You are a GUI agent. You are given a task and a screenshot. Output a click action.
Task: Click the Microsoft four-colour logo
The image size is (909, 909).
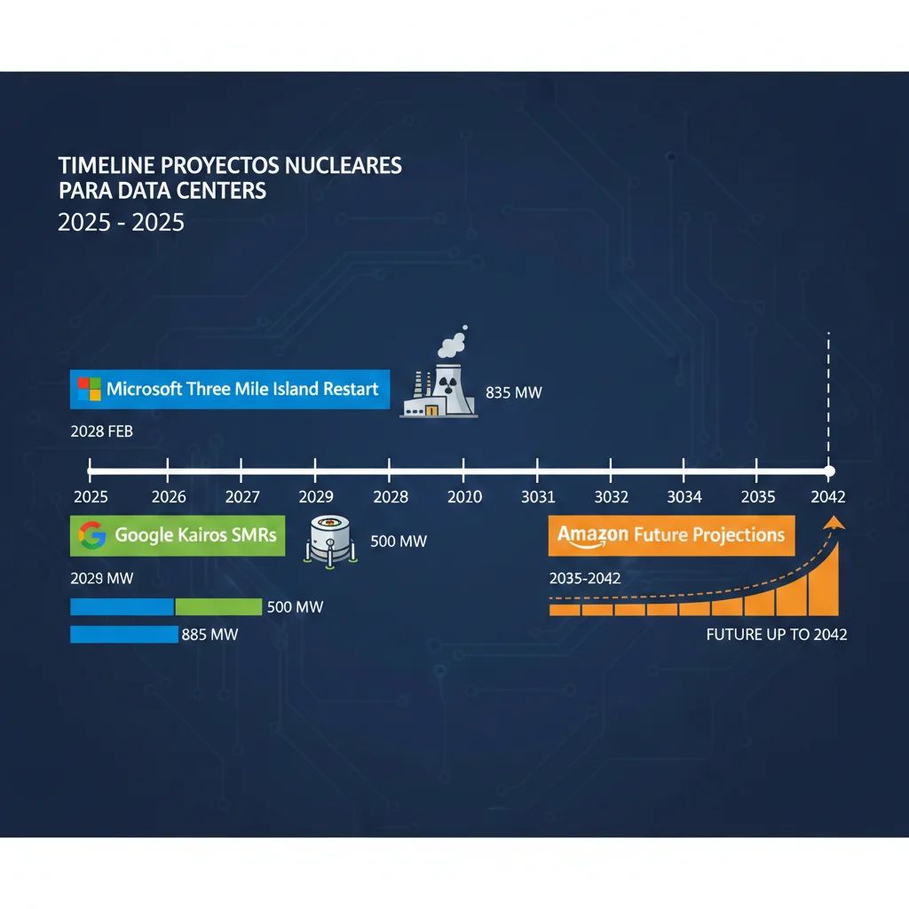pyautogui.click(x=90, y=389)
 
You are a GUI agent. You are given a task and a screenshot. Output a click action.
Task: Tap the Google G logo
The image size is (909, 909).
pyautogui.click(x=92, y=534)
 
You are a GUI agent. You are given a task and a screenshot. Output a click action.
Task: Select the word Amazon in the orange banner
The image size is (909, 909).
pyautogui.click(x=592, y=535)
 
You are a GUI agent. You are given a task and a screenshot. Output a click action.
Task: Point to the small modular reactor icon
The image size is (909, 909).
pyautogui.click(x=331, y=539)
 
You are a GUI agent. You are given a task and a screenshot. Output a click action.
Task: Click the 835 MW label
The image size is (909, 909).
pyautogui.click(x=514, y=392)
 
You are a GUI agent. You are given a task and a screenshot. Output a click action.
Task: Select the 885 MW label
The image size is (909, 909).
pyautogui.click(x=209, y=635)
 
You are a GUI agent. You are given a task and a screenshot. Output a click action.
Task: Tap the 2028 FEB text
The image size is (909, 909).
pyautogui.click(x=101, y=433)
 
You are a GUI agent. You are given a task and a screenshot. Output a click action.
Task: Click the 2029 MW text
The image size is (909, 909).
pyautogui.click(x=101, y=579)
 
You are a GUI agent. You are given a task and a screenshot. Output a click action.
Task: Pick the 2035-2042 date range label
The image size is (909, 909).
pyautogui.click(x=585, y=579)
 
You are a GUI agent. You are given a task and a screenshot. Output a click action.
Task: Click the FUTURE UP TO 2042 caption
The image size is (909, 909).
pyautogui.click(x=776, y=635)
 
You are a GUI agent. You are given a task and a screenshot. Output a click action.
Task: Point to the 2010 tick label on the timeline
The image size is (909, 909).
pyautogui.click(x=464, y=497)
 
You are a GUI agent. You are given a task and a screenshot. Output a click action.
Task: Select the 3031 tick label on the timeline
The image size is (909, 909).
pyautogui.click(x=538, y=497)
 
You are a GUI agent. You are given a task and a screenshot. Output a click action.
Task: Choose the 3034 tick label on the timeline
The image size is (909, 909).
pyautogui.click(x=684, y=497)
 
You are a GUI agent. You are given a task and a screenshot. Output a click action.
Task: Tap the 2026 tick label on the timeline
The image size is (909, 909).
pyautogui.click(x=169, y=497)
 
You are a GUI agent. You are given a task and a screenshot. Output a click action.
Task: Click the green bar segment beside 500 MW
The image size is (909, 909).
pyautogui.click(x=218, y=607)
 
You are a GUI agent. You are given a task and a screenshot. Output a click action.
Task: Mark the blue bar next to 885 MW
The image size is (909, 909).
pyautogui.click(x=123, y=635)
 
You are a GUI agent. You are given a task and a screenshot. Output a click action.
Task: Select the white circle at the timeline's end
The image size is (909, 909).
pyautogui.click(x=829, y=470)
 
